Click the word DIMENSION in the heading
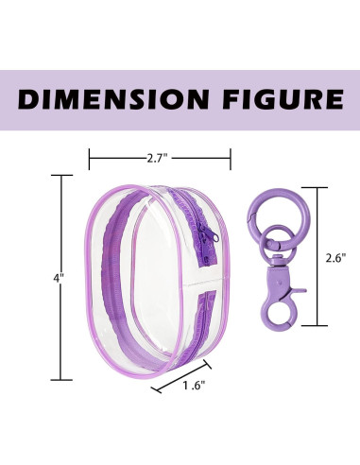[x=112, y=98]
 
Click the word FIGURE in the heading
[x=283, y=98]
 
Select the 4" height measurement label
[x=59, y=278]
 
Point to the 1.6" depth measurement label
[x=195, y=385]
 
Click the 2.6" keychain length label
[x=336, y=258]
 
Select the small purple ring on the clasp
[x=278, y=242]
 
